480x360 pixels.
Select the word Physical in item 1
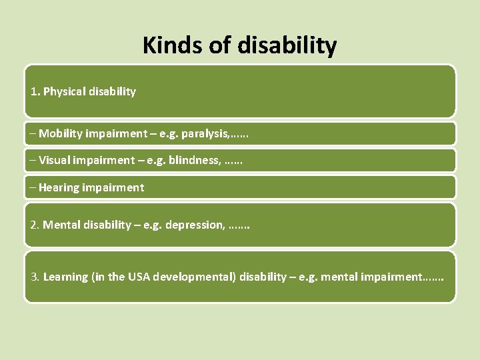click(65, 91)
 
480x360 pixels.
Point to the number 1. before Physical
click(35, 91)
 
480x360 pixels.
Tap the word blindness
click(194, 160)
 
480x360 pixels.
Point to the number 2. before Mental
click(35, 225)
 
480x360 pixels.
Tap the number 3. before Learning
click(35, 276)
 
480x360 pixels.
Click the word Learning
click(65, 276)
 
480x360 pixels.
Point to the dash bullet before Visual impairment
click(33, 160)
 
